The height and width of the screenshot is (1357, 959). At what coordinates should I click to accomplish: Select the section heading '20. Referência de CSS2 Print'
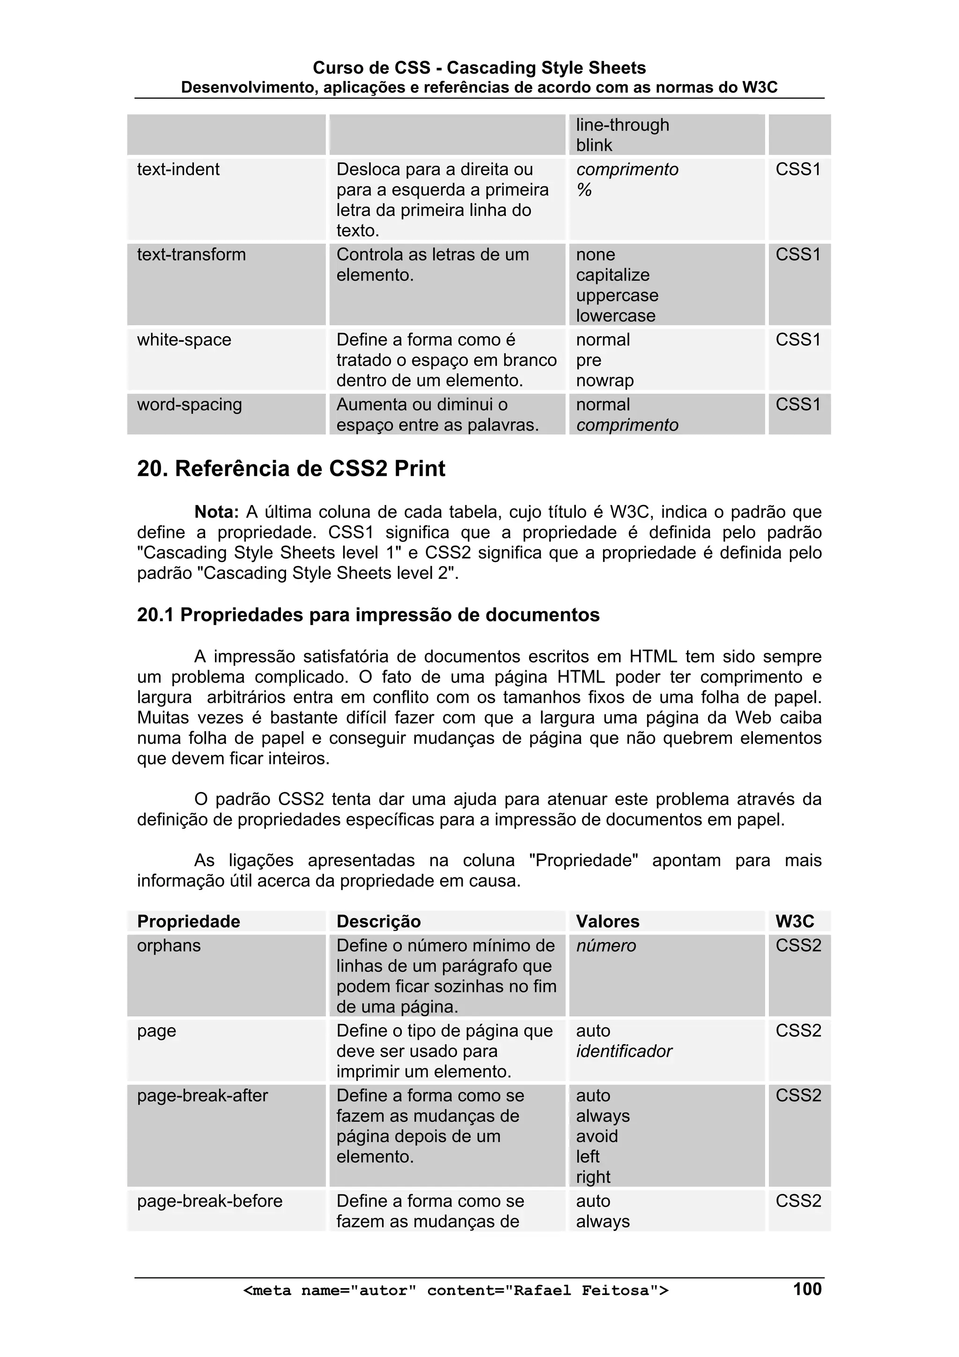point(291,469)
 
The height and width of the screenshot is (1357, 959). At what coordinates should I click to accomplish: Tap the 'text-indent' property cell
point(178,170)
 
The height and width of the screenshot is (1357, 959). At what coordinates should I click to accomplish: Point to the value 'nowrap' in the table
point(605,381)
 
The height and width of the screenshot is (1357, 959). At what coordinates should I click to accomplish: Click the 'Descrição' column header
point(378,921)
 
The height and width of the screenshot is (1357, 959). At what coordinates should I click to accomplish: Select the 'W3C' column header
point(794,921)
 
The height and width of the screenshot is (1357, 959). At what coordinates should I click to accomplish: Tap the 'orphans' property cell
point(169,946)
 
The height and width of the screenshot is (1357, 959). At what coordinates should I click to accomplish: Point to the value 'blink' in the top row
point(594,145)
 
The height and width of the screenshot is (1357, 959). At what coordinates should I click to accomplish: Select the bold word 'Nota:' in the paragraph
point(216,512)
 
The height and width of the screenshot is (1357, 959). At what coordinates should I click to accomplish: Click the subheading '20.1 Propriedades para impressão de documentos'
point(368,615)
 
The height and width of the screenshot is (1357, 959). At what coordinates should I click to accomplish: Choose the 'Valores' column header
point(607,921)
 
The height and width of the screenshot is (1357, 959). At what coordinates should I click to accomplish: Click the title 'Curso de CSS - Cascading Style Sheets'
point(479,68)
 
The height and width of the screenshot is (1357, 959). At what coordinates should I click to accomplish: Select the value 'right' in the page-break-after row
point(593,1177)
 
